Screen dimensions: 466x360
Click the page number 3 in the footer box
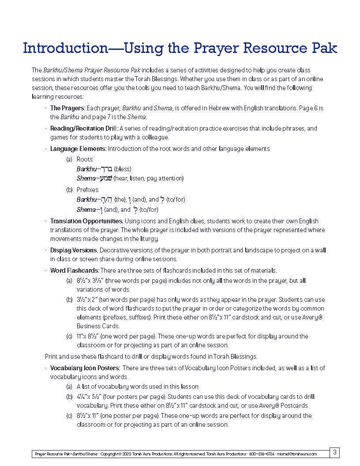[335, 452]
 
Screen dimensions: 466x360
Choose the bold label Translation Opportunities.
[86, 221]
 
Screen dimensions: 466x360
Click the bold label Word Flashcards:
[75, 271]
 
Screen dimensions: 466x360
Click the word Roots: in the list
[85, 159]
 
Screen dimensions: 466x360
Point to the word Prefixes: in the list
[88, 190]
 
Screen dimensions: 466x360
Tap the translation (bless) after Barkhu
[123, 169]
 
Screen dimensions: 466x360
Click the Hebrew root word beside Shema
[105, 179]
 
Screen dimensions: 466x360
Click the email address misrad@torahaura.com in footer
[304, 454]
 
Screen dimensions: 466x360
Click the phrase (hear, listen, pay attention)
[149, 179]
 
